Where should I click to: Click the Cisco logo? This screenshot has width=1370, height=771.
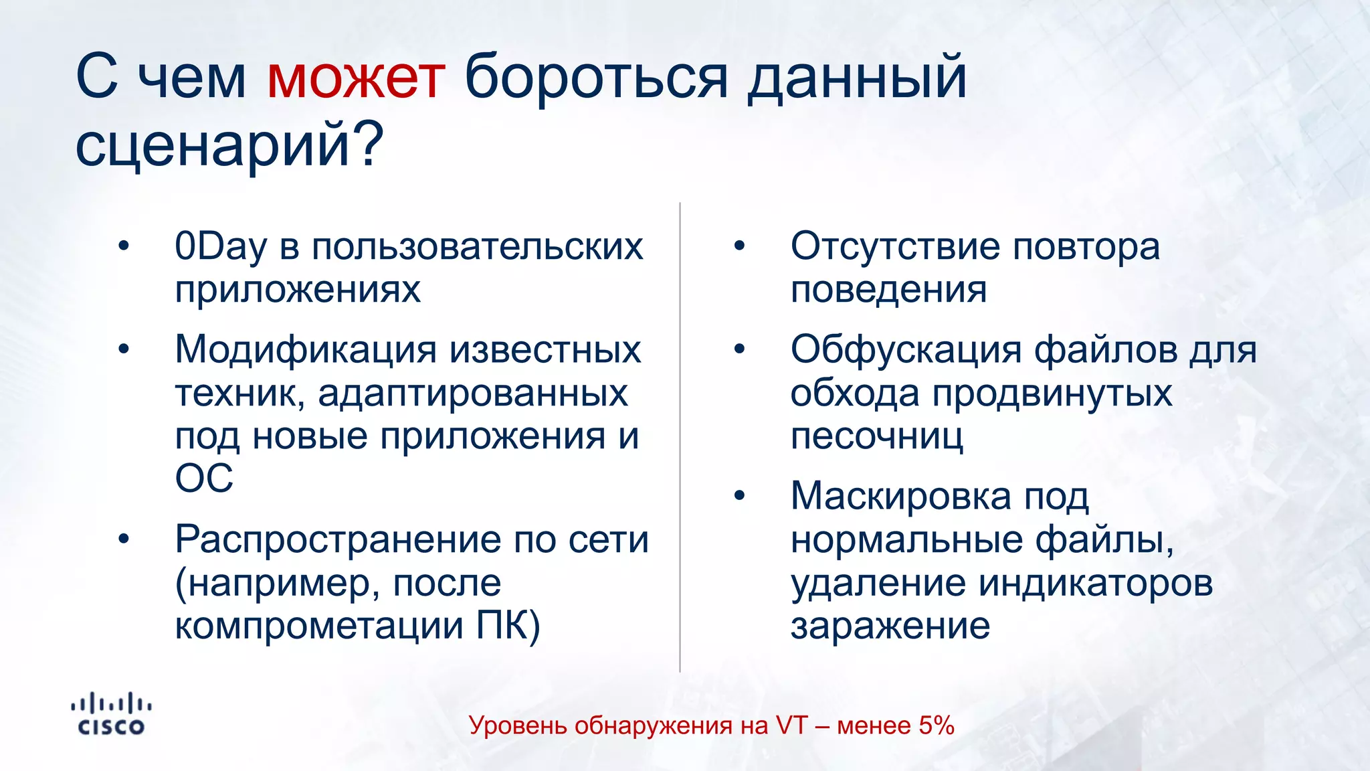click(111, 715)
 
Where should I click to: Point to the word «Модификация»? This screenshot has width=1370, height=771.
click(307, 351)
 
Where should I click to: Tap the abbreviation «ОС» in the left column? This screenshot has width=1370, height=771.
click(204, 479)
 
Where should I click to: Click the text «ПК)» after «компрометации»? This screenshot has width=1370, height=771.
click(508, 626)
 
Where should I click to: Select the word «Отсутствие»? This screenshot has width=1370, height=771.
click(896, 247)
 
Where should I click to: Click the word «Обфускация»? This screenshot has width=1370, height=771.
click(906, 351)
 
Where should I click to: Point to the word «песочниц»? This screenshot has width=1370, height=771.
click(877, 437)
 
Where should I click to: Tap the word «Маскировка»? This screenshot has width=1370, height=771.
click(900, 497)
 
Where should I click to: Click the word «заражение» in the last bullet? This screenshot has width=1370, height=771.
click(890, 626)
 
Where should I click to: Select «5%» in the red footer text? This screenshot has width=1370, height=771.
click(936, 725)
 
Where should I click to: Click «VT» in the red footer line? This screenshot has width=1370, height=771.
click(791, 725)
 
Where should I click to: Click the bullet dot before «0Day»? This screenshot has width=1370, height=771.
click(123, 246)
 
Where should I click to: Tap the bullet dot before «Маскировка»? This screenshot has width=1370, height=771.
click(739, 496)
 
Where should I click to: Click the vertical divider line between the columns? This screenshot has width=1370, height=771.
click(680, 435)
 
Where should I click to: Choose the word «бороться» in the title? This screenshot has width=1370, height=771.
click(595, 78)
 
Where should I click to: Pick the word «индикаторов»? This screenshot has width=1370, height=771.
click(1095, 583)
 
